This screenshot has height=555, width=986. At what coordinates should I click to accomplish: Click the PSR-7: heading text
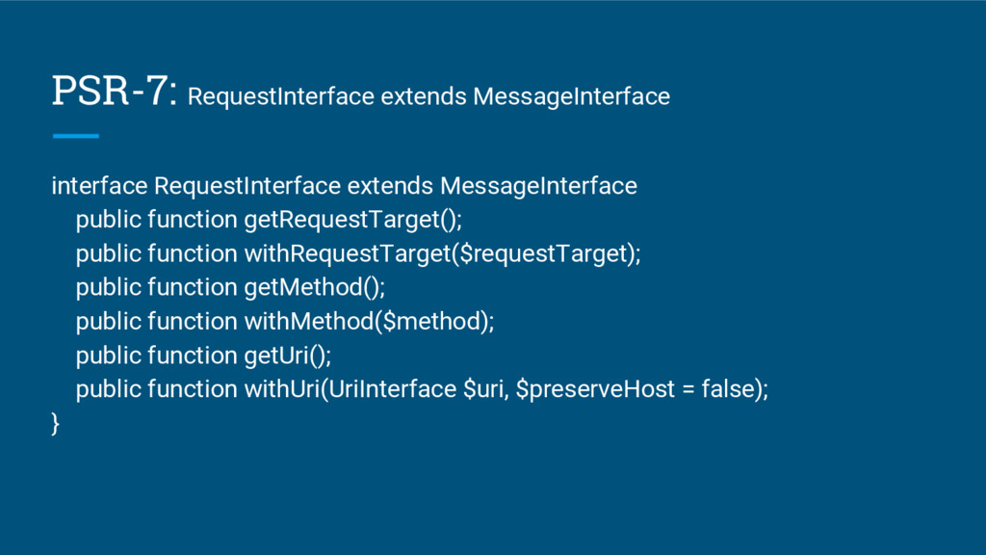(x=114, y=92)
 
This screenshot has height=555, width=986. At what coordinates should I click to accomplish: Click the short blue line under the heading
(x=75, y=136)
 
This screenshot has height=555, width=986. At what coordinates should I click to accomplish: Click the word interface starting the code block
(x=99, y=185)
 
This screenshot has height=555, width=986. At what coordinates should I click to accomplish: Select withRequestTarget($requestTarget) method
(x=441, y=254)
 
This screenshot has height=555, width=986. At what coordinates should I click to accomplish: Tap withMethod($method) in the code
(x=368, y=322)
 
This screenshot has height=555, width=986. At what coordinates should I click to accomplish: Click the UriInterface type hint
(x=391, y=390)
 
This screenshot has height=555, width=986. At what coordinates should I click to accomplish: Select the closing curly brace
(x=55, y=424)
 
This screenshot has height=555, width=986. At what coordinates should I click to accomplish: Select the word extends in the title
(x=424, y=97)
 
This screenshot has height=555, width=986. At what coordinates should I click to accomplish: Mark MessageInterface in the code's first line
(x=537, y=185)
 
